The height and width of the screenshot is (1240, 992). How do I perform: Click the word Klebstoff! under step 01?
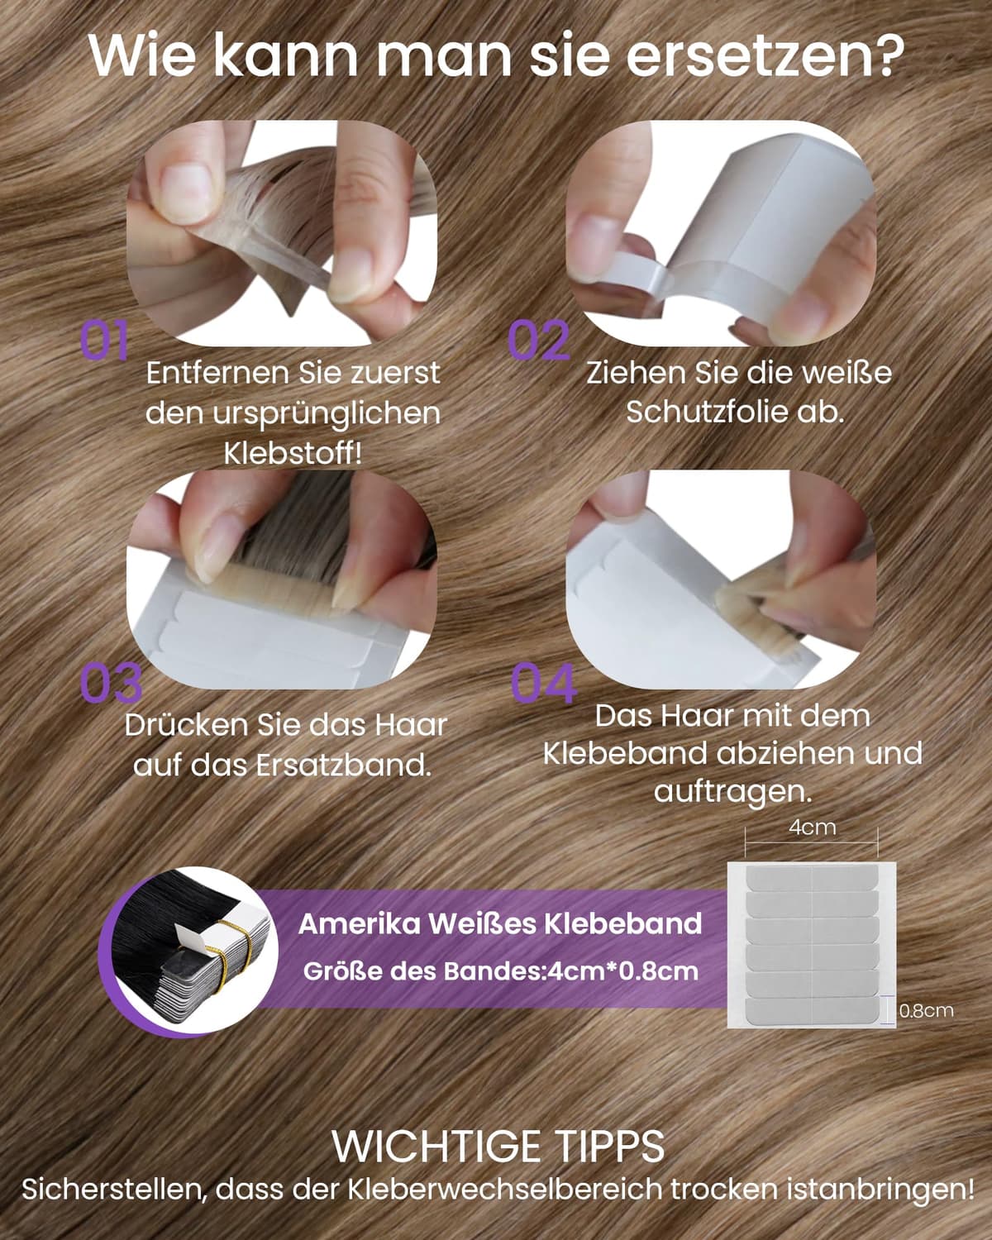click(x=293, y=453)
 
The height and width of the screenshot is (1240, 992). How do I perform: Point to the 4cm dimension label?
click(x=812, y=827)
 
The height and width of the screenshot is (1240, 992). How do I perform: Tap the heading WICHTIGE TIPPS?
click(x=498, y=1147)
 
